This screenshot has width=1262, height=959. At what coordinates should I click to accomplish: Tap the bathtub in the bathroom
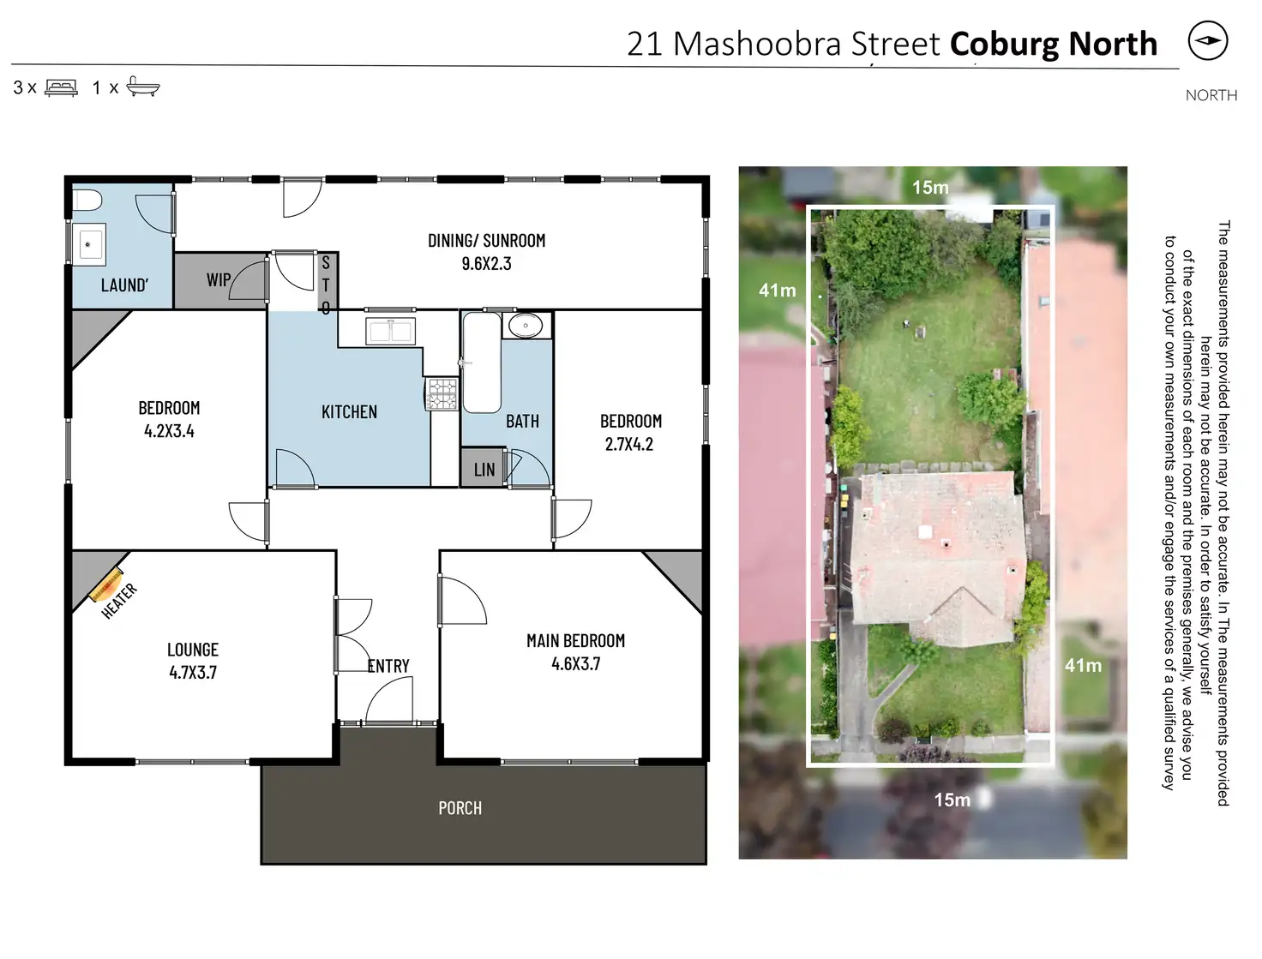point(481,362)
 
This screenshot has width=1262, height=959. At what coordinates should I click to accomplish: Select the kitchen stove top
point(442,394)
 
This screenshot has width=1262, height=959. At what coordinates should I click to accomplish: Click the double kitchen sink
point(391,331)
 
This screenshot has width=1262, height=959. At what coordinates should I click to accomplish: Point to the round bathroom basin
point(524,326)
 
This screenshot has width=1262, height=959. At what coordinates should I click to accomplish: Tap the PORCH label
point(460,808)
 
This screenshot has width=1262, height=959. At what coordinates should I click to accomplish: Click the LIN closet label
point(484,470)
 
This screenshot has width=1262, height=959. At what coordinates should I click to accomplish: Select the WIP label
point(218,280)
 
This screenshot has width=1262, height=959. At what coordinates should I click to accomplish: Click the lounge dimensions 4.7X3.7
point(193,673)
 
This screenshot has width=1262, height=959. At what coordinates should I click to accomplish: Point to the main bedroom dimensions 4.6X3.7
point(575,663)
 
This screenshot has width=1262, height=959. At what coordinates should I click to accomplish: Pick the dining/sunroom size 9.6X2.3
point(486,264)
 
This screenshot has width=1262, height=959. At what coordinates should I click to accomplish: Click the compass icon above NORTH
point(1208,41)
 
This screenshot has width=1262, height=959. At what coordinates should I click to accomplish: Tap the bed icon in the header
point(61,87)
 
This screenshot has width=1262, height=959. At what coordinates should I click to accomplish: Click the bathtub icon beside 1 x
point(143,86)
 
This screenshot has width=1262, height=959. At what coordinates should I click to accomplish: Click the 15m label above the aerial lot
point(930,188)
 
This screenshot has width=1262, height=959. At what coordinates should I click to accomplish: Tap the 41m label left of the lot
point(777,291)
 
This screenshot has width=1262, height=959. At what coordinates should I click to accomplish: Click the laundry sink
point(89,245)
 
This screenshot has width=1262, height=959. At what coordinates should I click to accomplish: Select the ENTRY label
point(388,666)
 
